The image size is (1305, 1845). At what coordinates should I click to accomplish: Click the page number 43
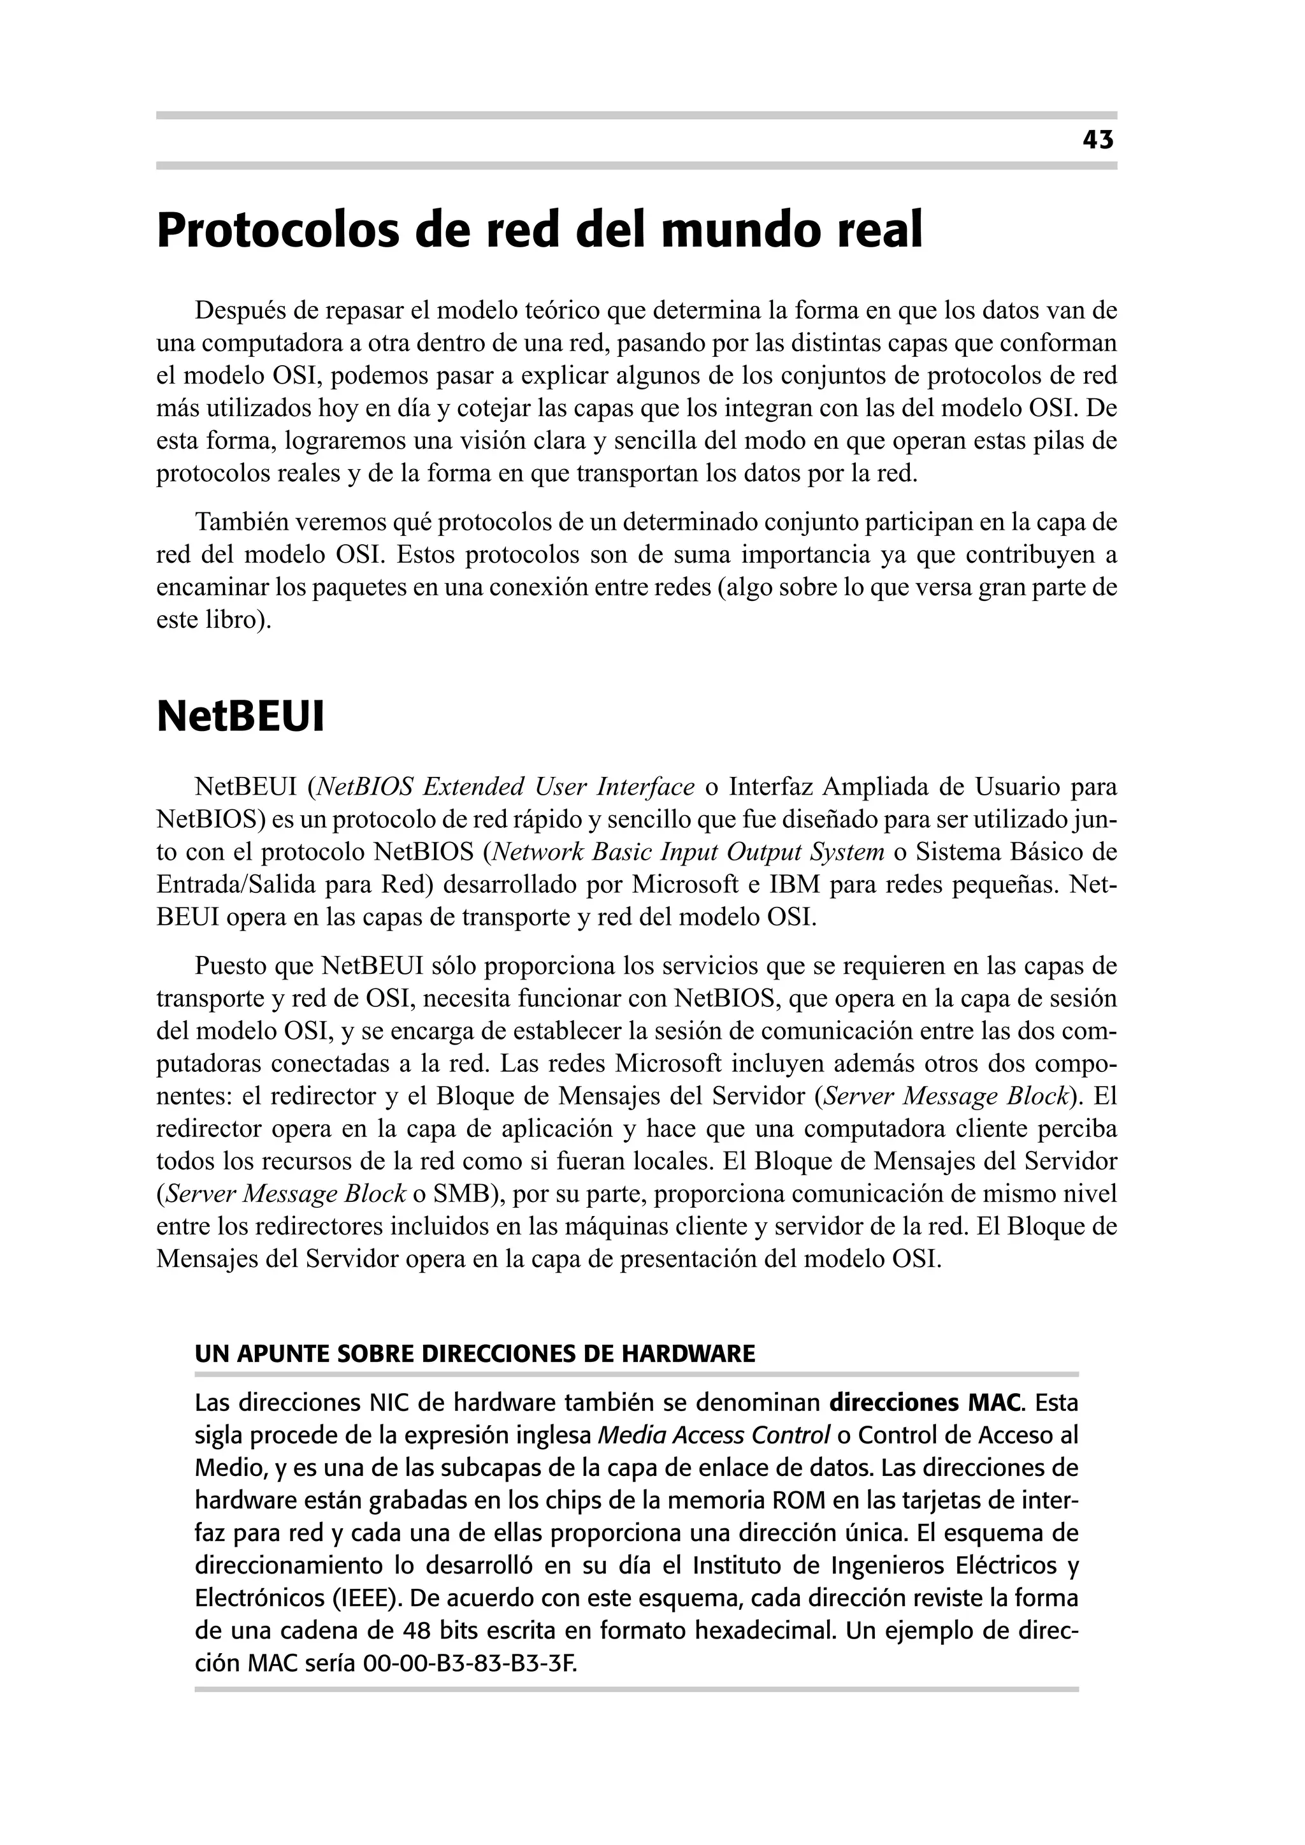point(1098,141)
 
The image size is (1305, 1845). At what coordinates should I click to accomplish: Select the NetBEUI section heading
point(240,718)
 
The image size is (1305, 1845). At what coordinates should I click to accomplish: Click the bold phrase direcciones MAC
point(926,1404)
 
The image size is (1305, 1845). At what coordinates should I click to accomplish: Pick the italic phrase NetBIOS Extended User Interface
point(505,786)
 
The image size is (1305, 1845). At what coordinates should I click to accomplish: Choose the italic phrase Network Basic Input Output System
point(688,852)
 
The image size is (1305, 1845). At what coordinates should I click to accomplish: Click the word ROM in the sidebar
point(797,1501)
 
